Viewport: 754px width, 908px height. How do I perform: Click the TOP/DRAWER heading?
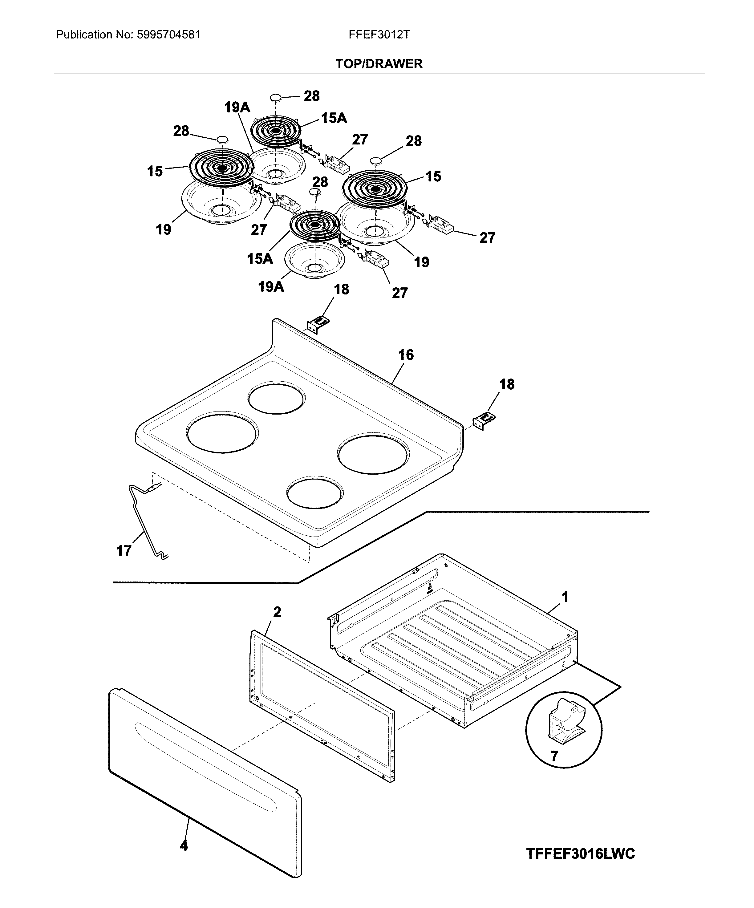379,64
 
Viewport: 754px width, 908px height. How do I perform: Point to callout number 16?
406,355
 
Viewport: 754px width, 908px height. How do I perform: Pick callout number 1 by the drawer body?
565,597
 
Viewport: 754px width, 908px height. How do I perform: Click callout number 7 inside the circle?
554,756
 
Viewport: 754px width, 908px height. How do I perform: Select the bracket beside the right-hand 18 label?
484,420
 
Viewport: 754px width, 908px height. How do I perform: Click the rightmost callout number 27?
487,237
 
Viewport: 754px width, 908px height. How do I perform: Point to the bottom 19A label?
271,286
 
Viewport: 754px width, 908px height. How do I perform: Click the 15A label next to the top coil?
334,118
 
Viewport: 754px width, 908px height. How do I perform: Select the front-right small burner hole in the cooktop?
315,493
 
